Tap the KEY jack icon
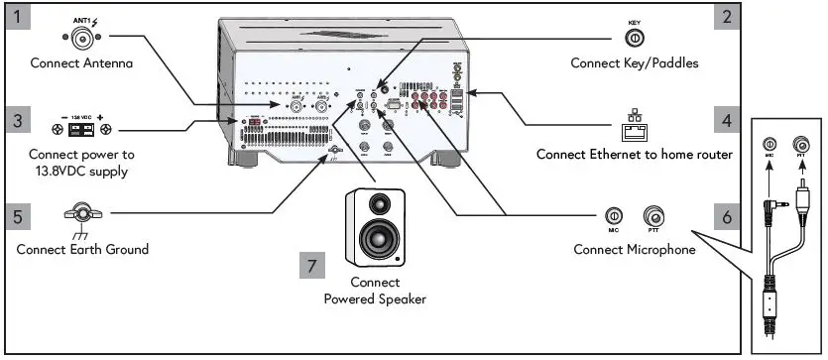(x=633, y=38)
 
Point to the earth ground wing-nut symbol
(x=81, y=212)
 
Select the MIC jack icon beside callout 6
(x=614, y=216)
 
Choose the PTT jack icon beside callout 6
(x=655, y=216)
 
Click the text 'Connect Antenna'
(x=80, y=63)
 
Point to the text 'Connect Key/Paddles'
(x=634, y=63)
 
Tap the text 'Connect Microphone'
(x=634, y=250)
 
